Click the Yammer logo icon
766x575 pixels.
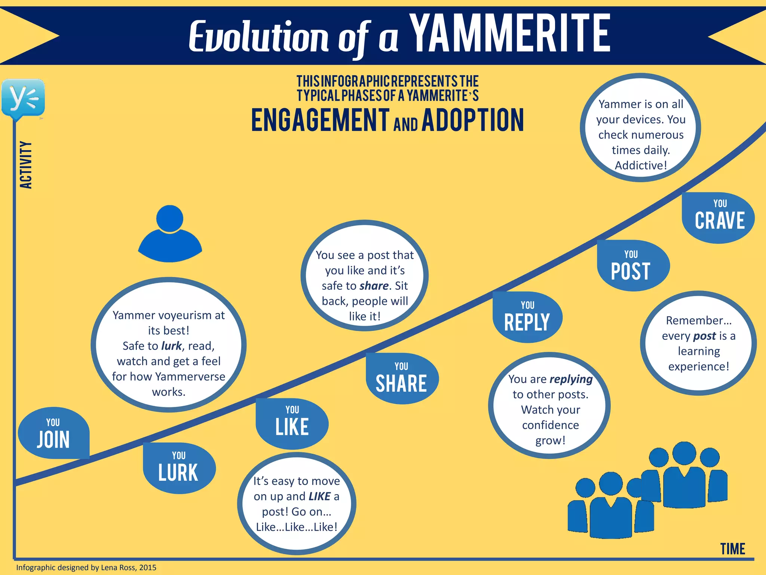coord(23,98)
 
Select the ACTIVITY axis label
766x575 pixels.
coord(26,165)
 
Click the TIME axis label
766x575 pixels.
coord(732,549)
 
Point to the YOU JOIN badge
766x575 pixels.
coord(53,433)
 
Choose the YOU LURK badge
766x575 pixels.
coord(178,468)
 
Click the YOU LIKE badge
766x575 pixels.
coord(292,423)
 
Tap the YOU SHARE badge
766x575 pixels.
coord(401,378)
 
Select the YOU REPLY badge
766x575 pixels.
coord(527,317)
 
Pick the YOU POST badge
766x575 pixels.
coord(631,265)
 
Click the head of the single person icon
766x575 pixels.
coord(170,219)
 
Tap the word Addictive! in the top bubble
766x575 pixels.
coord(641,165)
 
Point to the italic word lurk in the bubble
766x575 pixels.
coord(171,346)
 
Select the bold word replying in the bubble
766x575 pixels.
coord(571,379)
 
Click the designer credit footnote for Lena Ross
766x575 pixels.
coord(86,567)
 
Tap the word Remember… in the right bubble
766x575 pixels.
coord(698,320)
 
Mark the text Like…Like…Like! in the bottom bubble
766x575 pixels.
coord(297,527)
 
